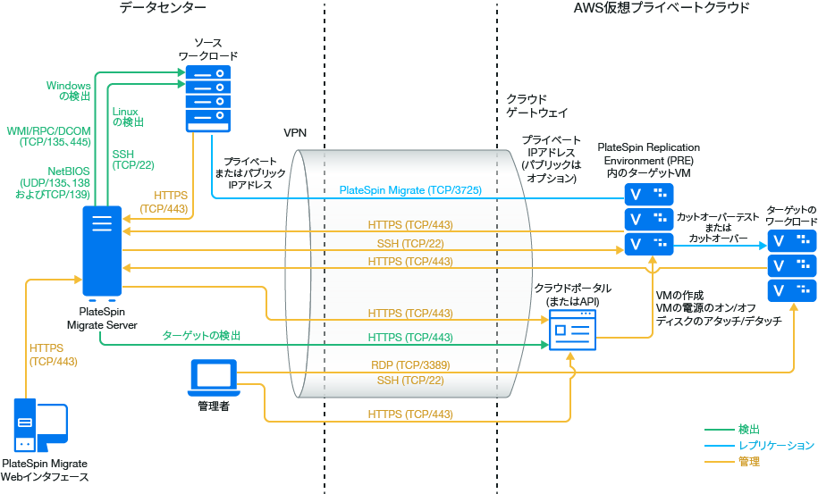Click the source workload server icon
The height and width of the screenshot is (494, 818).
pyautogui.click(x=207, y=99)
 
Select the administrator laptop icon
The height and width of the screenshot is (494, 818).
pyautogui.click(x=214, y=378)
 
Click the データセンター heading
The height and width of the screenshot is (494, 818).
pyautogui.click(x=162, y=8)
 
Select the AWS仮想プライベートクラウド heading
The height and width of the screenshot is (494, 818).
pyautogui.click(x=661, y=8)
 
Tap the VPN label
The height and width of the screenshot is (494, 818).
pyautogui.click(x=295, y=132)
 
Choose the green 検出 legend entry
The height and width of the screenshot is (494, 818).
pyautogui.click(x=749, y=430)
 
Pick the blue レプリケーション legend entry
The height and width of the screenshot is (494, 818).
pyautogui.click(x=775, y=446)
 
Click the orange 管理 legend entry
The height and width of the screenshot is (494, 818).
pyautogui.click(x=749, y=462)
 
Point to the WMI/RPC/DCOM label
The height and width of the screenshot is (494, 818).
pyautogui.click(x=48, y=130)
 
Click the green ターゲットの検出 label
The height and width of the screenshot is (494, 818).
pyautogui.click(x=201, y=335)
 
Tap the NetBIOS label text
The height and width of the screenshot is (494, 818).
pyautogui.click(x=67, y=170)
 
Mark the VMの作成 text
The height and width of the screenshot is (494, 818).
pyautogui.click(x=680, y=296)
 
